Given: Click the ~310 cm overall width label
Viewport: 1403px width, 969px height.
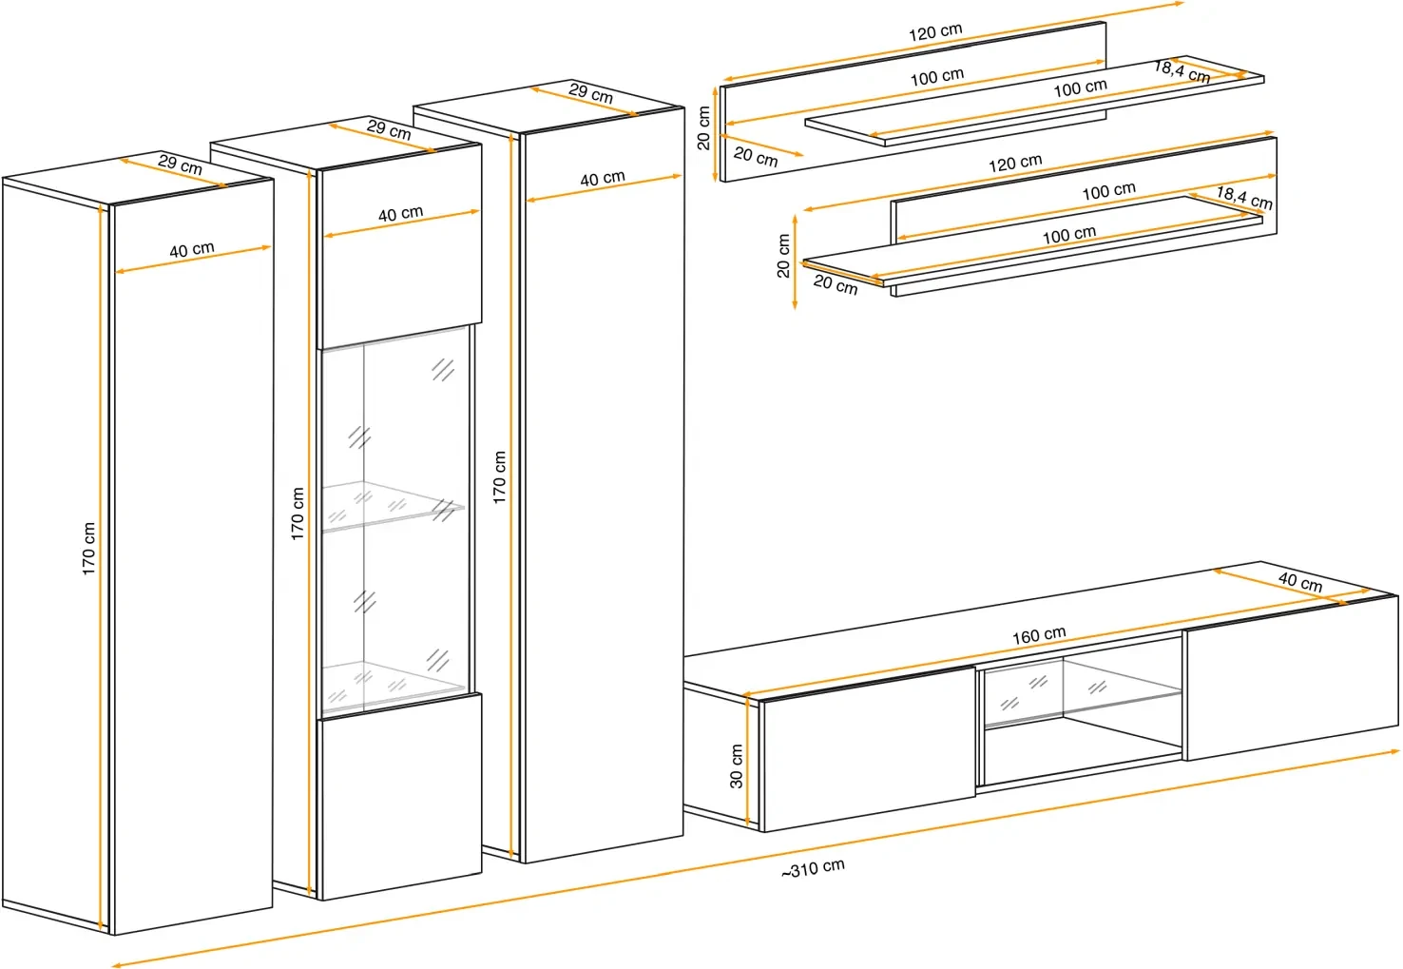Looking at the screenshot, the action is click(813, 868).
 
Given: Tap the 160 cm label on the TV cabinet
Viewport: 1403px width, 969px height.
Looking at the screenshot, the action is click(1039, 635).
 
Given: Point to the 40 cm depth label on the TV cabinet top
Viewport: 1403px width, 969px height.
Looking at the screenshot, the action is click(1300, 582).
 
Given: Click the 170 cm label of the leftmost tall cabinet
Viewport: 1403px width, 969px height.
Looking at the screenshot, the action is click(88, 549).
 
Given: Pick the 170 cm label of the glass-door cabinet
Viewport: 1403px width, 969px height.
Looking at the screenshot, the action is click(297, 514).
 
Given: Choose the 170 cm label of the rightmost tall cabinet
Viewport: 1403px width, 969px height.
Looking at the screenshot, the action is click(499, 477).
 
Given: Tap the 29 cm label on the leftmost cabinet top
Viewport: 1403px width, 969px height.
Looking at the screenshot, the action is click(180, 165).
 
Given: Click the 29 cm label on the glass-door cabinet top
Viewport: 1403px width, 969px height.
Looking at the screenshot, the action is click(389, 129).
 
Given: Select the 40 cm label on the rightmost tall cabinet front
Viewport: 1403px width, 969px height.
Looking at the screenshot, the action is click(602, 179).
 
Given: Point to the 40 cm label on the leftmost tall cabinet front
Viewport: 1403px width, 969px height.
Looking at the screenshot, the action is click(192, 250).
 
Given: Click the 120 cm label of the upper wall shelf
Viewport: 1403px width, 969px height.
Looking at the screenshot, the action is click(935, 32).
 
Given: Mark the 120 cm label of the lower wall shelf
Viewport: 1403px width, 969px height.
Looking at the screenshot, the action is click(1014, 164).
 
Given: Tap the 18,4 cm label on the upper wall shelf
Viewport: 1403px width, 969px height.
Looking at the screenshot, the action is click(1182, 71).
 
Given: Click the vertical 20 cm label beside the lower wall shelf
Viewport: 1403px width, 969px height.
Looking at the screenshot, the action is click(783, 256).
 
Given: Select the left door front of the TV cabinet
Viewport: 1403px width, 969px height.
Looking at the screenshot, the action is click(868, 749).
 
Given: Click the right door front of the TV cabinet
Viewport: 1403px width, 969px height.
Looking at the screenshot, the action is click(1292, 678).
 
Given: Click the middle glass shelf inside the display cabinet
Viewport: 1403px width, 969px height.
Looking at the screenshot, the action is click(393, 506).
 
